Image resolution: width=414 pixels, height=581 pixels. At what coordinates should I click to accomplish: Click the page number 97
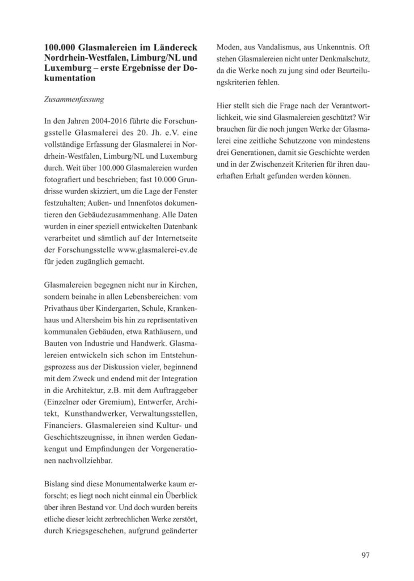tap(365, 554)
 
